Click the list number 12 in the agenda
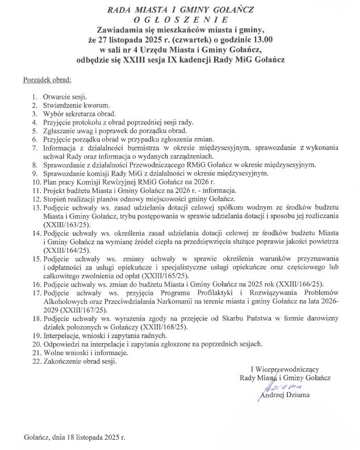pos(35,199)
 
